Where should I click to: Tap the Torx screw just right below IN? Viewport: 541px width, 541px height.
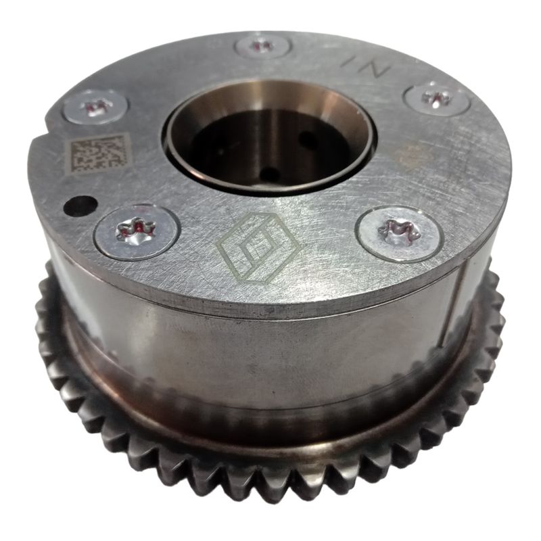(437, 99)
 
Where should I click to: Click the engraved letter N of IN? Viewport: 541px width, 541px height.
(375, 69)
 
